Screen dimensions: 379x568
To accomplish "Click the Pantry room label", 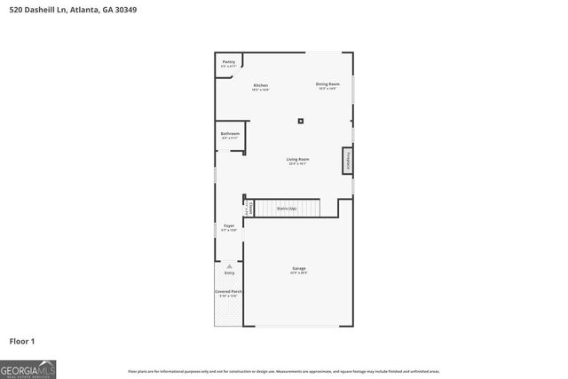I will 229,61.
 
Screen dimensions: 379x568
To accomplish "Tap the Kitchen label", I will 260,86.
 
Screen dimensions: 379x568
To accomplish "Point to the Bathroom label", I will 230,134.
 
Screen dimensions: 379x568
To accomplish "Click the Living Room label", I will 297,160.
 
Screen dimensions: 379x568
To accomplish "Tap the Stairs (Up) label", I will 287,208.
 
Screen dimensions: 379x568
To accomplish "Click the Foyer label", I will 229,226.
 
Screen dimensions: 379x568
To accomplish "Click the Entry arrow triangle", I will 229,265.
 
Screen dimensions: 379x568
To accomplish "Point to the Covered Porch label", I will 229,292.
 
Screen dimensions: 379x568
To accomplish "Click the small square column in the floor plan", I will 301,121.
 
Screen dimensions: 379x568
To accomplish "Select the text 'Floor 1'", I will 21,340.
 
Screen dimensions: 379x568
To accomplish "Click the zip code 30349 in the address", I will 125,10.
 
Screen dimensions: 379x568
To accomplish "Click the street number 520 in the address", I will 16,10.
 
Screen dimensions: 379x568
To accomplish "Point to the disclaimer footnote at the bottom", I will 283,371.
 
